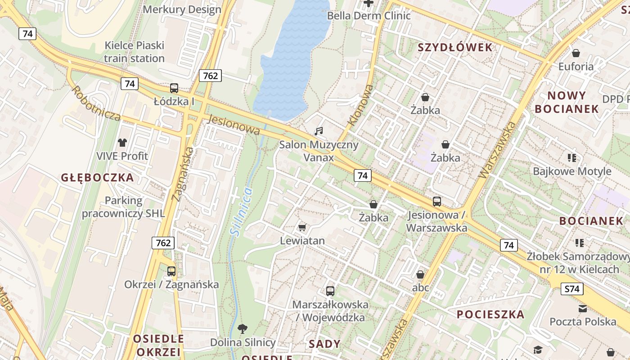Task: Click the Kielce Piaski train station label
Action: coord(134,52)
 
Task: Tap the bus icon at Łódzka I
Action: coord(174,88)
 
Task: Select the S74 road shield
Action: coord(572,289)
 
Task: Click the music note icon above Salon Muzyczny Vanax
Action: coord(319,131)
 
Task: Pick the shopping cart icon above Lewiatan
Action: coord(302,228)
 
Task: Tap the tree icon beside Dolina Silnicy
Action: coord(243,328)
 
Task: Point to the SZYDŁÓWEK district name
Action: coord(455,48)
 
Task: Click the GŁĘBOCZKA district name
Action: coord(97,178)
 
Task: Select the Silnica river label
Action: coord(241,211)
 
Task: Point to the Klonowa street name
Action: coord(361,105)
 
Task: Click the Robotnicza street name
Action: coord(95,103)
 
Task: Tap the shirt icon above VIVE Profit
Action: coord(122,143)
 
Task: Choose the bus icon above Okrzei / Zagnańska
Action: coord(171,271)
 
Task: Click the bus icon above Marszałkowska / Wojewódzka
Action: coord(330,291)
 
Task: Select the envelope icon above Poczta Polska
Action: coord(583,309)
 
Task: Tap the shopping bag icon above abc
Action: coord(420,274)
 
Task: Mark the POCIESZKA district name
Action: coord(490,315)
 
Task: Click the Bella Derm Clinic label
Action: coord(369,16)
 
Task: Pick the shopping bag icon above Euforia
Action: coord(576,53)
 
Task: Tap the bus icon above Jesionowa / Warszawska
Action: coord(436,202)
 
